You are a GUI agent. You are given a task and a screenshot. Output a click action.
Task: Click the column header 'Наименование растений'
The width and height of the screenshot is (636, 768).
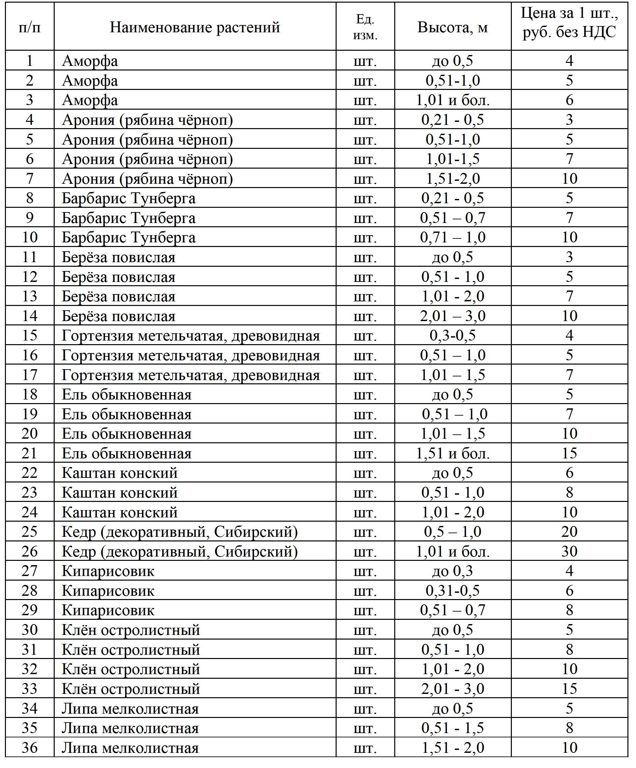(195, 27)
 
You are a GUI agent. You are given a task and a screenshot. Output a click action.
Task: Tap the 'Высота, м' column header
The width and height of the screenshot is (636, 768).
(453, 27)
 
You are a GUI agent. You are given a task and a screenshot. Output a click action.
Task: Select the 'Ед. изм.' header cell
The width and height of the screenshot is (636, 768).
(365, 27)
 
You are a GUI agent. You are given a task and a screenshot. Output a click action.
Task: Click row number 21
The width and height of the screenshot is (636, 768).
(30, 453)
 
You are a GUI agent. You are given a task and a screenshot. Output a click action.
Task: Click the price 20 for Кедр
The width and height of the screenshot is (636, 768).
(569, 532)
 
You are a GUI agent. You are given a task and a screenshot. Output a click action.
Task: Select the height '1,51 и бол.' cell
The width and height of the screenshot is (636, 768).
(453, 453)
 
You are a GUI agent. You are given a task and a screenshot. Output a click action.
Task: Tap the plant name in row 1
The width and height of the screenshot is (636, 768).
(90, 61)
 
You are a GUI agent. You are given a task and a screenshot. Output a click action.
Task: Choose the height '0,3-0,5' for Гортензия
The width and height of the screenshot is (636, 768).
(453, 336)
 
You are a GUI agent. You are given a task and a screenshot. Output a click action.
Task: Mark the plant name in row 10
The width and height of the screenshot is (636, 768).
(128, 238)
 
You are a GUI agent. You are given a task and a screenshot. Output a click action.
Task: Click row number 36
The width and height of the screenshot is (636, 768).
(30, 748)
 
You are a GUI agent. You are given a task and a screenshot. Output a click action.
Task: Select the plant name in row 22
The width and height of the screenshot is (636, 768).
(120, 473)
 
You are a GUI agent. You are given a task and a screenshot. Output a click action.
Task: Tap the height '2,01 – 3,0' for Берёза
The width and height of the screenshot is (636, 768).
(453, 316)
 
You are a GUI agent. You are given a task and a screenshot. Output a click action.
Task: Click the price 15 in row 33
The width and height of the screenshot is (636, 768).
(569, 689)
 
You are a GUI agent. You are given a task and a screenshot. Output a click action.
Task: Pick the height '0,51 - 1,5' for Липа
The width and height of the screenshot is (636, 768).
(453, 728)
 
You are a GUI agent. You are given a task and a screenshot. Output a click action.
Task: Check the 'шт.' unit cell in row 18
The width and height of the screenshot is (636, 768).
(365, 395)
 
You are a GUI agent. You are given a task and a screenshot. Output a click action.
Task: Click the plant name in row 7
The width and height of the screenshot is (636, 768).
(147, 179)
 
